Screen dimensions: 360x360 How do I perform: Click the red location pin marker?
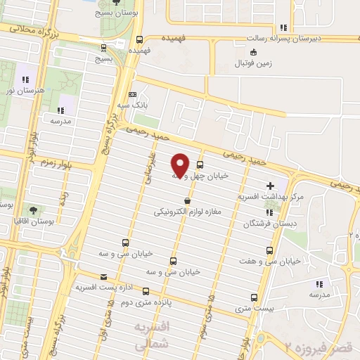tap(181, 165)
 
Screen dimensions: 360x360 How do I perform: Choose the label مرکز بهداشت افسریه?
tap(271, 198)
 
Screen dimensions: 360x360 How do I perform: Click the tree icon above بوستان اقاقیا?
tap(33, 210)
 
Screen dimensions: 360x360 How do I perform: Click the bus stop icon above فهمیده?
tap(139, 39)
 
